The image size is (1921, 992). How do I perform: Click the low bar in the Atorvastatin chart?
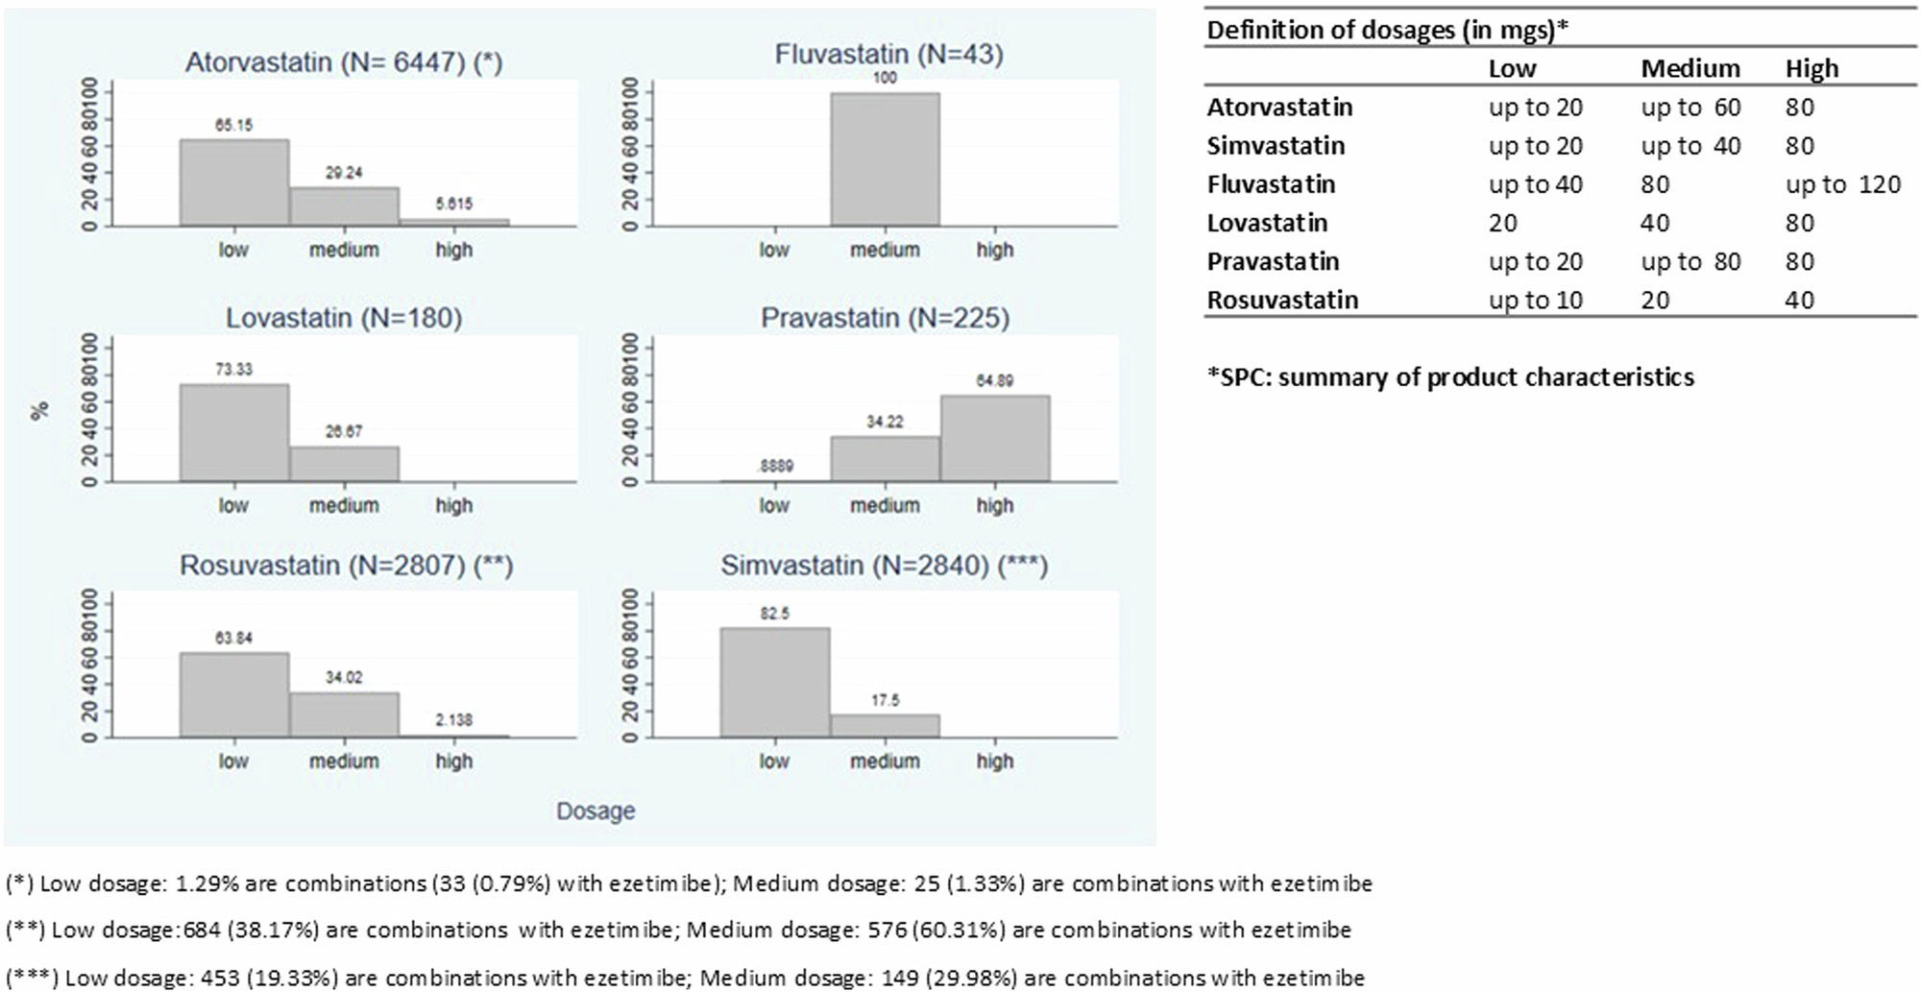[x=233, y=182]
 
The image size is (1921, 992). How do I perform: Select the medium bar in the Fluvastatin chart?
[x=885, y=159]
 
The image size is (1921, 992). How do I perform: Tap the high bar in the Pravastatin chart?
[x=994, y=438]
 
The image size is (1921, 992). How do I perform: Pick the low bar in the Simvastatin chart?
[x=774, y=682]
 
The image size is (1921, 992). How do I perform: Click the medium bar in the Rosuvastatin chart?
[x=344, y=714]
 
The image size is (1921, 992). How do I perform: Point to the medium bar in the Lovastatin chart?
[x=344, y=463]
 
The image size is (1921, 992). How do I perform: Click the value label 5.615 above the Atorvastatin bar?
[x=453, y=204]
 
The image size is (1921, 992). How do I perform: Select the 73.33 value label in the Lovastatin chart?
[x=234, y=370]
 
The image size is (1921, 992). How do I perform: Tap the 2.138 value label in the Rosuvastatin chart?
[x=453, y=720]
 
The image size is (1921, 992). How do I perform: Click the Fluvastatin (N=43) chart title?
[x=888, y=55]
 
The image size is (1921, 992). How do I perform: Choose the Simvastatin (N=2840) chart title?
[x=884, y=566]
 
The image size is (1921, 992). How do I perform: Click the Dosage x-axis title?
[x=596, y=811]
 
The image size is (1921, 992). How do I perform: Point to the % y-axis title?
[x=39, y=411]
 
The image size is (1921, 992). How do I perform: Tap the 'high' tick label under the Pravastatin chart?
[x=994, y=506]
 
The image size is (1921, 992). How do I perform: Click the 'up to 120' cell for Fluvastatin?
[x=1842, y=184]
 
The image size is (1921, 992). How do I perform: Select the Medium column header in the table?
[x=1690, y=69]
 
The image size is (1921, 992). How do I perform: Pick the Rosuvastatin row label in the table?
[x=1282, y=301]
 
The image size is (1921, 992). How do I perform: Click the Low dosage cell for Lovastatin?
[x=1503, y=224]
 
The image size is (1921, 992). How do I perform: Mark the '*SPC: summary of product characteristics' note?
[x=1450, y=377]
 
